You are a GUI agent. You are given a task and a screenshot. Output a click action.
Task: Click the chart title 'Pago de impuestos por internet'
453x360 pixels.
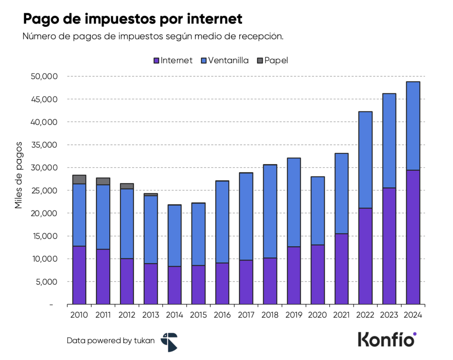coord(133,19)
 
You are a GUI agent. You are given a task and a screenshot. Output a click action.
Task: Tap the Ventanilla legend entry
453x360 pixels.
coord(225,61)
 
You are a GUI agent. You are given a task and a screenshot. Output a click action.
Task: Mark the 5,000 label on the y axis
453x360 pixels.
coord(47,282)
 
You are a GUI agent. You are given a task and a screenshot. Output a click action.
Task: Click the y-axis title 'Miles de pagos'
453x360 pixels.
coord(19,175)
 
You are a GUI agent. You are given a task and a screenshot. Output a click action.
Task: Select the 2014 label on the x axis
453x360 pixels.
coord(174,315)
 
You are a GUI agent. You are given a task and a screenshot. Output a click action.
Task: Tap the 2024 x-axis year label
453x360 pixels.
coord(413,315)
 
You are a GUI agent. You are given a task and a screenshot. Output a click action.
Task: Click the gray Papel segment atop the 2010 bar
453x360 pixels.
coord(79,180)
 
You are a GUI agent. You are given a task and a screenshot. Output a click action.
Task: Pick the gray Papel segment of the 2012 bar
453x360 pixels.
coord(127,186)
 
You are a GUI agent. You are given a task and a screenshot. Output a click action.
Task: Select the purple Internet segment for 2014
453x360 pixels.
coord(174,285)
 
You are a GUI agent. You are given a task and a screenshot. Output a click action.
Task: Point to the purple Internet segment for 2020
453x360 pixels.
coord(318,275)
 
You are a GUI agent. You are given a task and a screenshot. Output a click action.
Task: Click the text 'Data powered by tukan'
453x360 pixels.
coord(111,341)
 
